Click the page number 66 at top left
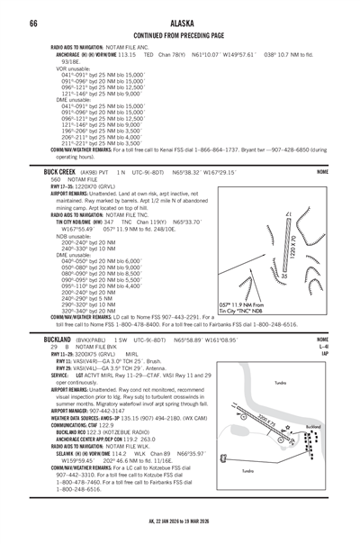(32, 22)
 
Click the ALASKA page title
(179, 22)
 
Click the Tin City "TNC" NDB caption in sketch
(257, 311)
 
